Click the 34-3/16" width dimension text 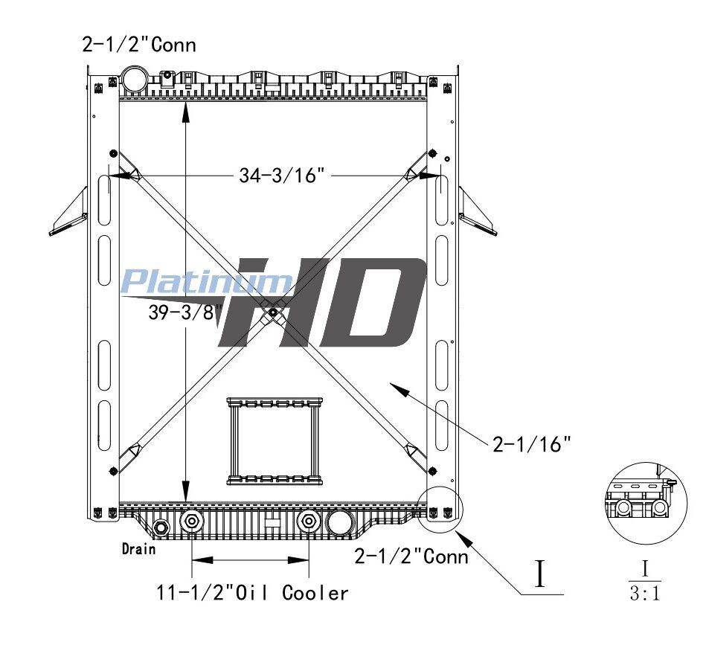[x=282, y=175]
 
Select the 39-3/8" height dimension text [x=185, y=312]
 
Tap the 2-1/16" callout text [x=532, y=444]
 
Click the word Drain [x=139, y=549]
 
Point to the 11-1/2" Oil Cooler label [x=253, y=593]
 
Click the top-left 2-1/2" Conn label [x=139, y=45]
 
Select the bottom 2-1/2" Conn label [x=411, y=556]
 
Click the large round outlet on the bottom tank [x=341, y=522]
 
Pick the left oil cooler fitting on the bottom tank [x=192, y=522]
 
